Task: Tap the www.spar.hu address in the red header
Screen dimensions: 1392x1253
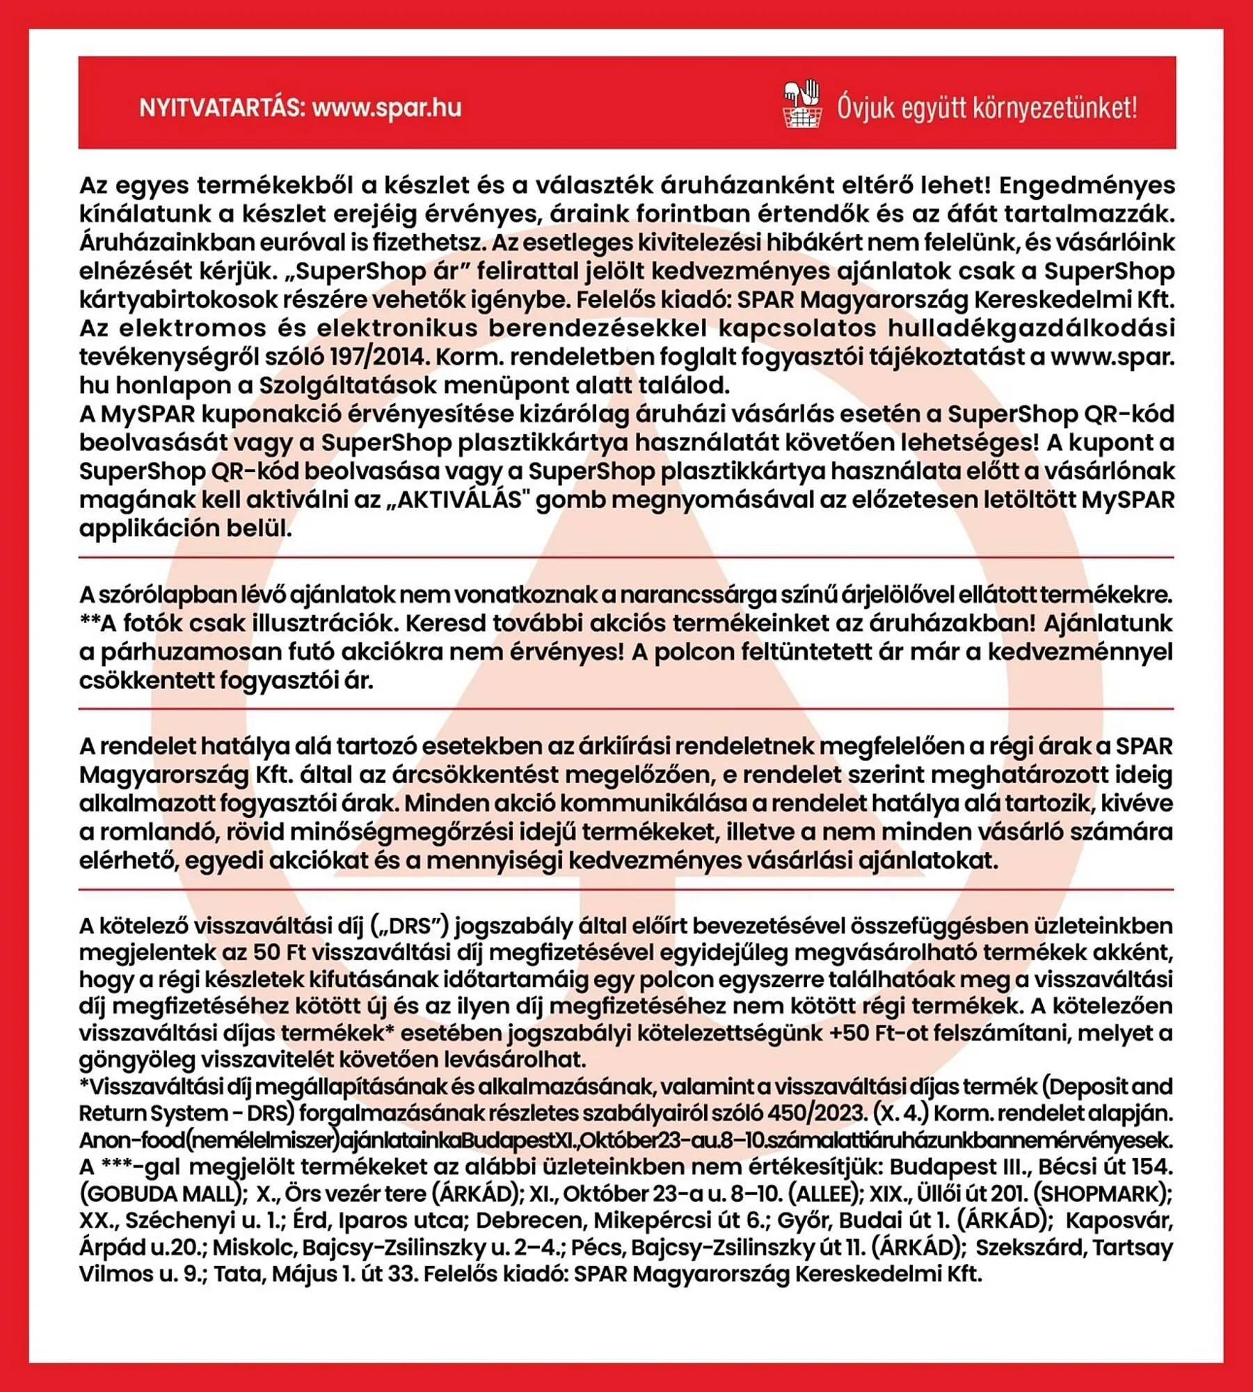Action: (387, 109)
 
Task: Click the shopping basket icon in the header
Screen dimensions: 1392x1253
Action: (802, 106)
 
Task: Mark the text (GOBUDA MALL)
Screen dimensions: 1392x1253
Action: (163, 1194)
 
